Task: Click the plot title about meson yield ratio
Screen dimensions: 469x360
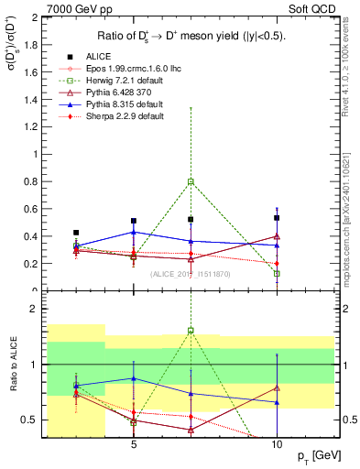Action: click(x=190, y=36)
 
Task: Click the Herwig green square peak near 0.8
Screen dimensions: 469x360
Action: click(x=191, y=182)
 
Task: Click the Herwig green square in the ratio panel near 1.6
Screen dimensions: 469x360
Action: click(x=191, y=331)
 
